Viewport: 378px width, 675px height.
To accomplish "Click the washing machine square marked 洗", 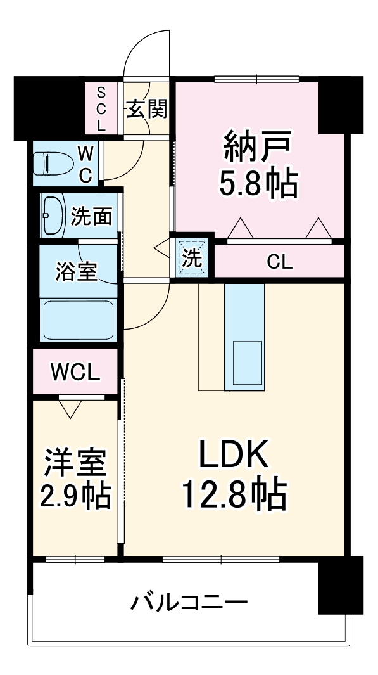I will pos(192,258).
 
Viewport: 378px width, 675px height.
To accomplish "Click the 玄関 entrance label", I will pos(148,109).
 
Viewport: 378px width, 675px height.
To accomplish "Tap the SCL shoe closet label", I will pos(101,109).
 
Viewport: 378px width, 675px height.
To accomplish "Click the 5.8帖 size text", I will pos(258,184).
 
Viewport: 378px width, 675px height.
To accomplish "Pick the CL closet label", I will pos(279,262).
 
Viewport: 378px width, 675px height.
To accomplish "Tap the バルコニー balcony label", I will pos(189,600).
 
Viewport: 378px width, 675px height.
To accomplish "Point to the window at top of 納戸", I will pos(256,79).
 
